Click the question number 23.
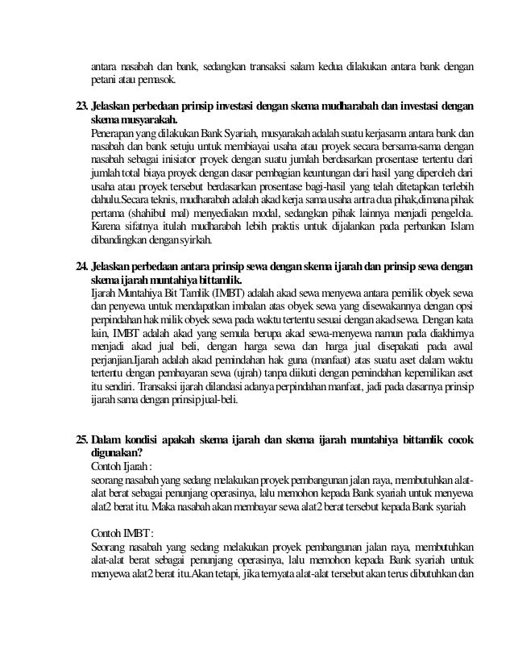tap(81, 107)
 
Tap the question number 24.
tap(81, 267)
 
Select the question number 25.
tap(81, 440)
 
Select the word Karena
tap(107, 226)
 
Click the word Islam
tap(461, 226)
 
